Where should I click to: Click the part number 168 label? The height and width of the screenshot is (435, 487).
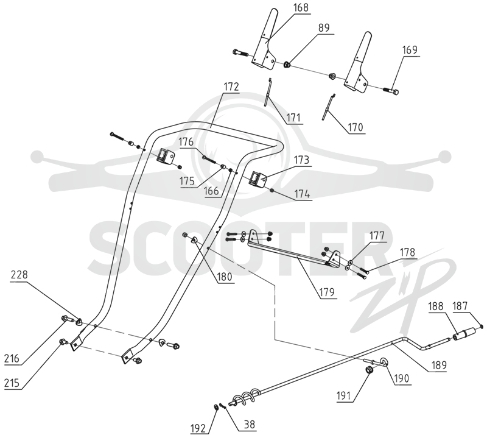pos(301,7)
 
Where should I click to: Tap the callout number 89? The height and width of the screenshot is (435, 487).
pos(324,27)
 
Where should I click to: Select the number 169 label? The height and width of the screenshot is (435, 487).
pos(410,50)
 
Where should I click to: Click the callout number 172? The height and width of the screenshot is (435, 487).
pos(231,87)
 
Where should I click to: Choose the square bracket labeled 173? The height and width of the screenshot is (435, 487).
pos(258,180)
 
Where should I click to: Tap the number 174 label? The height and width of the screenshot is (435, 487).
pos(302,194)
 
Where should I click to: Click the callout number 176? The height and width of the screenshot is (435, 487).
pos(186,142)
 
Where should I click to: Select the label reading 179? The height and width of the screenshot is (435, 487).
pos(328,292)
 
